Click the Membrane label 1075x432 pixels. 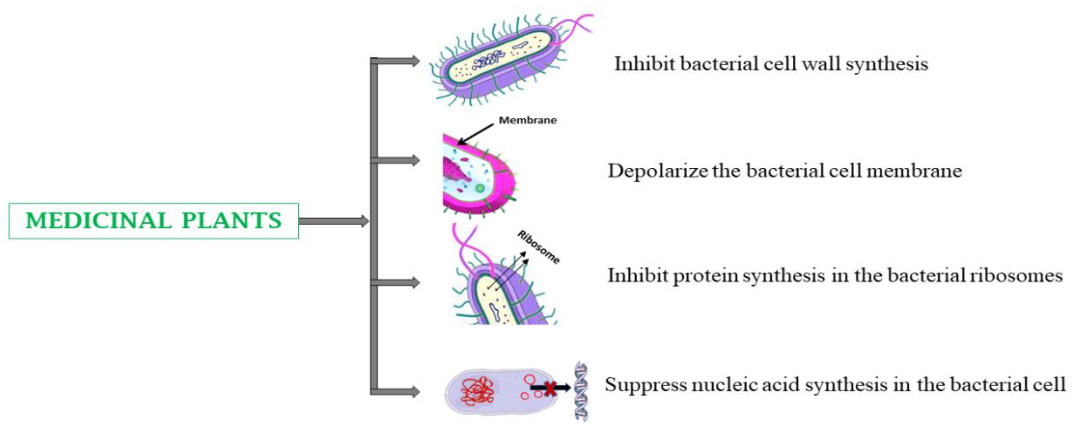coord(528,120)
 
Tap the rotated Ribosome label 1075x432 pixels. coord(538,247)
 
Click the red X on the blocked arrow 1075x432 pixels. coord(550,388)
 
